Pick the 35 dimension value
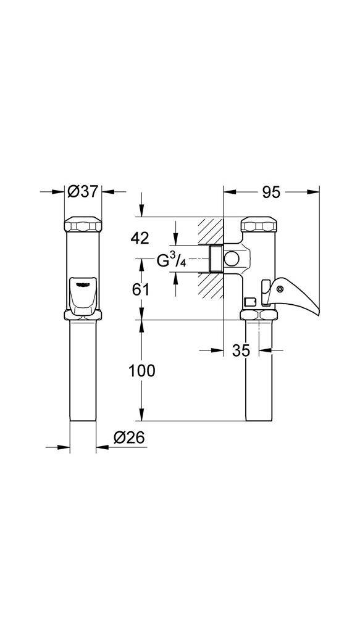pyautogui.click(x=241, y=350)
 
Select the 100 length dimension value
pyautogui.click(x=142, y=371)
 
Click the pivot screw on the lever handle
pyautogui.click(x=280, y=289)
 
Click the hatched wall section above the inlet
pyautogui.click(x=210, y=231)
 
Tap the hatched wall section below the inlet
pyautogui.click(x=210, y=288)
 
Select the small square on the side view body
pyautogui.click(x=249, y=302)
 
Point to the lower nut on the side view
pyautogui.click(x=258, y=315)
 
